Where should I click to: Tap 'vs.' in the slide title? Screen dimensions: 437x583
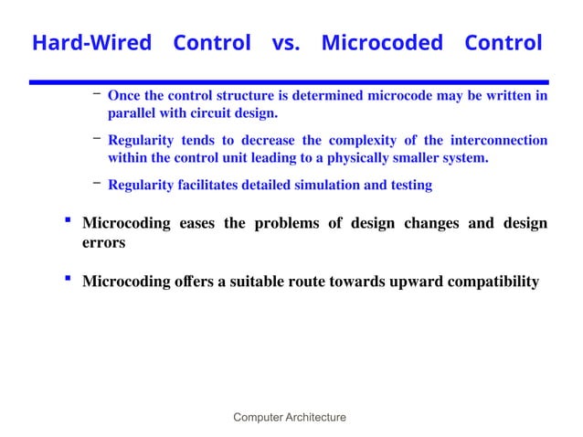tap(285, 43)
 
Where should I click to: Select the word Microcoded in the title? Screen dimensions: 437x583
tap(382, 43)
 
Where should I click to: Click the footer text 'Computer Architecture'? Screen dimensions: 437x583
tap(290, 418)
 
